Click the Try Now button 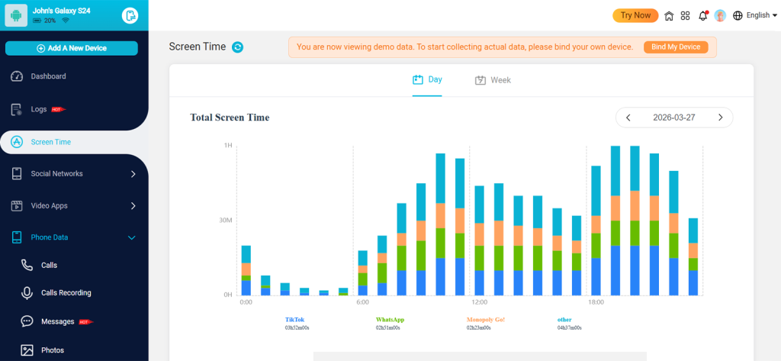tap(635, 15)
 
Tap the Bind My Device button tap(676, 47)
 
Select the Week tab tap(493, 80)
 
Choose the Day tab tap(427, 79)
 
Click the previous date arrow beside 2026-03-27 tap(628, 118)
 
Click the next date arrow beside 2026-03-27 tap(720, 118)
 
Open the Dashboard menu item tap(48, 76)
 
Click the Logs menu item tap(39, 109)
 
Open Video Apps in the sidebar tap(49, 206)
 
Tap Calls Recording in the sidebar tap(66, 293)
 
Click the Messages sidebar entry tap(57, 322)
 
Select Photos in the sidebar tap(52, 350)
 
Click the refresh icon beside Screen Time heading tap(238, 47)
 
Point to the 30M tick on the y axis tap(227, 221)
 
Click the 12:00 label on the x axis tap(479, 302)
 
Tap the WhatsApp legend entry tap(390, 320)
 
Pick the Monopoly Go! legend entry tap(485, 320)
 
